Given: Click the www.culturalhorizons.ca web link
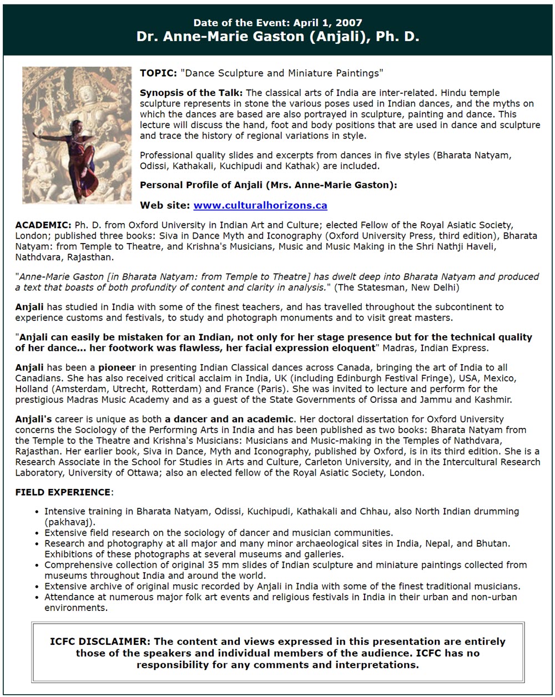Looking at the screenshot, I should point(260,205).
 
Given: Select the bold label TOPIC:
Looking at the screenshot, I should point(158,73).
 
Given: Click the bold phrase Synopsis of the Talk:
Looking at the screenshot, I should point(191,93).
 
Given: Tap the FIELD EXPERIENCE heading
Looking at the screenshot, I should point(63,492).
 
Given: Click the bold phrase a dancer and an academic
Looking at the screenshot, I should point(229,419).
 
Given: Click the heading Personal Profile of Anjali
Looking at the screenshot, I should point(269,185).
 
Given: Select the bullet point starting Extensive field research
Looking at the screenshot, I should point(219,533).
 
